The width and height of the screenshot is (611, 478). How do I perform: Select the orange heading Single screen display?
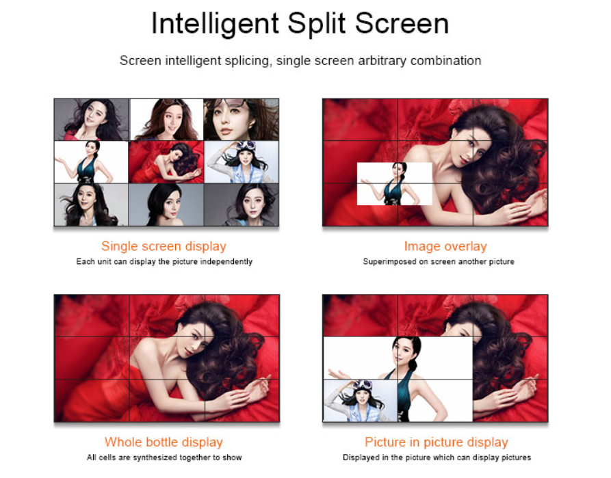coord(164,246)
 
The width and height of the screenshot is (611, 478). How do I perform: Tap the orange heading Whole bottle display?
coord(164,442)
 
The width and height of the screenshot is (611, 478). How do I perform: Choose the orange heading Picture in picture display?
coord(436,442)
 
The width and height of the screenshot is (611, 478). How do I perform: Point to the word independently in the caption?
coord(226,262)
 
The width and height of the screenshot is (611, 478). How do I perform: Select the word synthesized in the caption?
coord(146,457)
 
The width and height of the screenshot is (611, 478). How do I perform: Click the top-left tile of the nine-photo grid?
coord(92,119)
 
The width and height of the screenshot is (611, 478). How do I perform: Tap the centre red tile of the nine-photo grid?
coord(166,161)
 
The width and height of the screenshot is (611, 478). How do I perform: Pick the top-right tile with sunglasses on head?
coord(241,119)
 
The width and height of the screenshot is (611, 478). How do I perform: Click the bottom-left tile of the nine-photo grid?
coord(92,204)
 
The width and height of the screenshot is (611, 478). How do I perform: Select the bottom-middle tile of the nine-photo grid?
coord(166,204)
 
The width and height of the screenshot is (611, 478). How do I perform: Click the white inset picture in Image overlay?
coord(394,184)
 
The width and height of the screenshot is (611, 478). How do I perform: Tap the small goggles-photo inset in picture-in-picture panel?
coord(360,401)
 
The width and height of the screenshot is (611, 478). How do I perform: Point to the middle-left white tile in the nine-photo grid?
coord(92,161)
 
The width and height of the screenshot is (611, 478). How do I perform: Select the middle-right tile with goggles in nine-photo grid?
coord(241,161)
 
